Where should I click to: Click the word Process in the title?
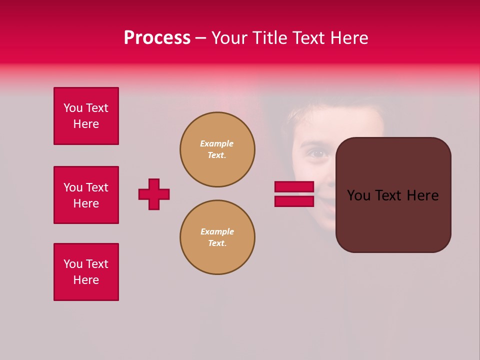[157, 38]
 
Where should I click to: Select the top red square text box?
[86, 116]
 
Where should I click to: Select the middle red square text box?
[86, 195]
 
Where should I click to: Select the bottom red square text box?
[86, 272]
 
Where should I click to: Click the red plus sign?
[154, 194]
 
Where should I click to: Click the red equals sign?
[294, 194]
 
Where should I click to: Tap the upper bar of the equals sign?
[294, 186]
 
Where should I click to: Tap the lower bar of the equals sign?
[294, 201]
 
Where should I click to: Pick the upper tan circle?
[217, 149]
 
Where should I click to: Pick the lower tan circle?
[217, 237]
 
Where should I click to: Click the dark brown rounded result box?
[393, 220]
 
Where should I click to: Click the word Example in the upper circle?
[217, 143]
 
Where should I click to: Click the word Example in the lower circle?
[217, 231]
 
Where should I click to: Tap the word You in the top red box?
[72, 108]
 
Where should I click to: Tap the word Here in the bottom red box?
[86, 280]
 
